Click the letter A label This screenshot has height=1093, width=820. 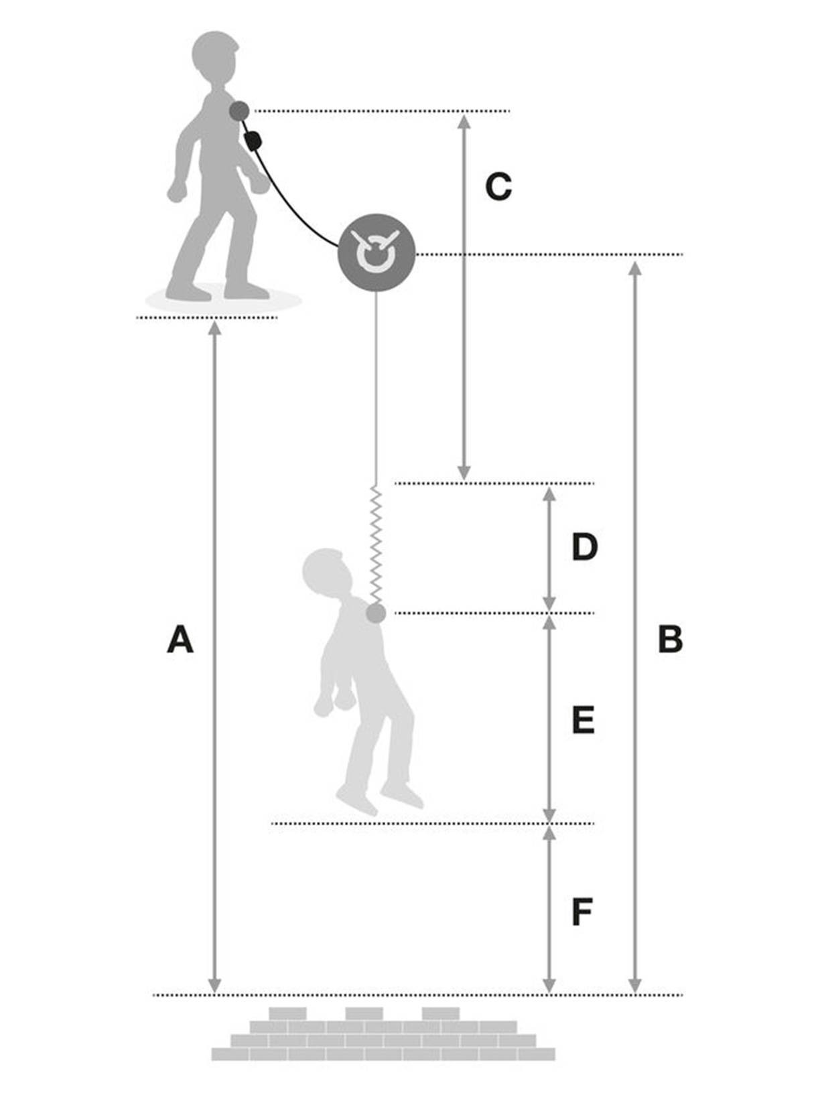click(x=180, y=639)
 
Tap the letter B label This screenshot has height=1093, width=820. click(x=670, y=639)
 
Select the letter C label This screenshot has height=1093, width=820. click(x=498, y=187)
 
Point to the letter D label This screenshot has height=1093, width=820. click(x=584, y=547)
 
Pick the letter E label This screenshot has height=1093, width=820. click(x=583, y=721)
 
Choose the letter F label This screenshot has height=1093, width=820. click(x=582, y=912)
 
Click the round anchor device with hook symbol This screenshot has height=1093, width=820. click(x=376, y=253)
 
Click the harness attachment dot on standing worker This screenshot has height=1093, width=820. click(x=239, y=111)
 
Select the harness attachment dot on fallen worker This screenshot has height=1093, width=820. click(x=376, y=613)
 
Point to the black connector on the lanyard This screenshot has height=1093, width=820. click(x=253, y=141)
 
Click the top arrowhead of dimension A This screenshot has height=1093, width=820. click(x=214, y=327)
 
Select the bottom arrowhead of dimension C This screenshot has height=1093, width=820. click(x=464, y=471)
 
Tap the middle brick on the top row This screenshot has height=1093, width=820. click(x=364, y=1013)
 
